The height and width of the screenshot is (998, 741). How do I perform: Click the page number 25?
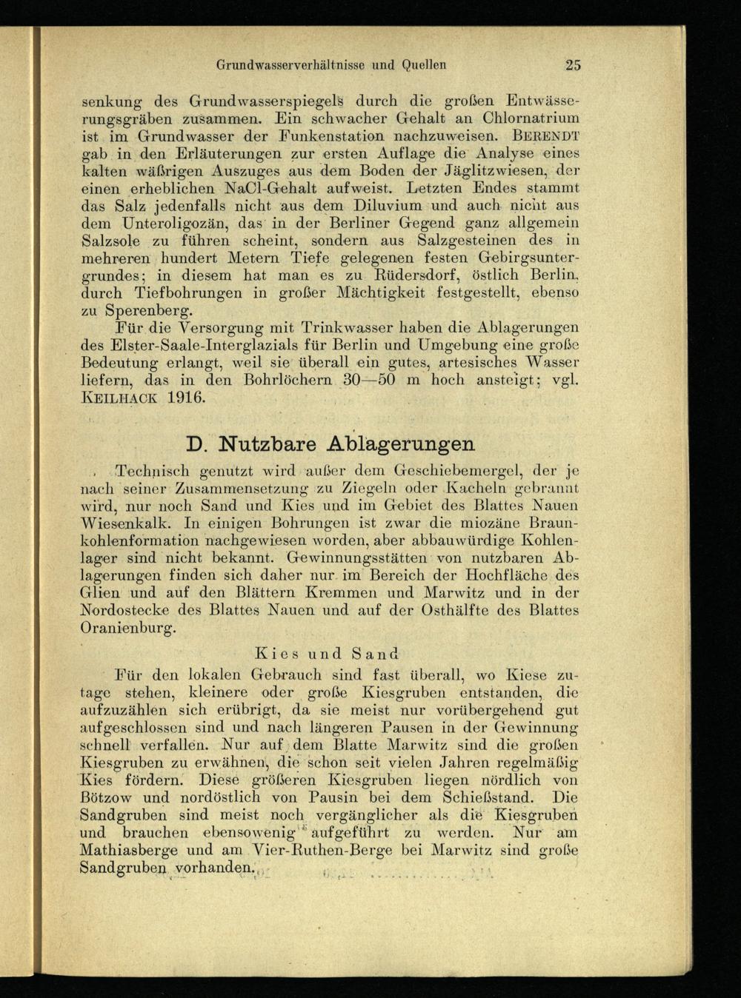[x=573, y=64]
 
